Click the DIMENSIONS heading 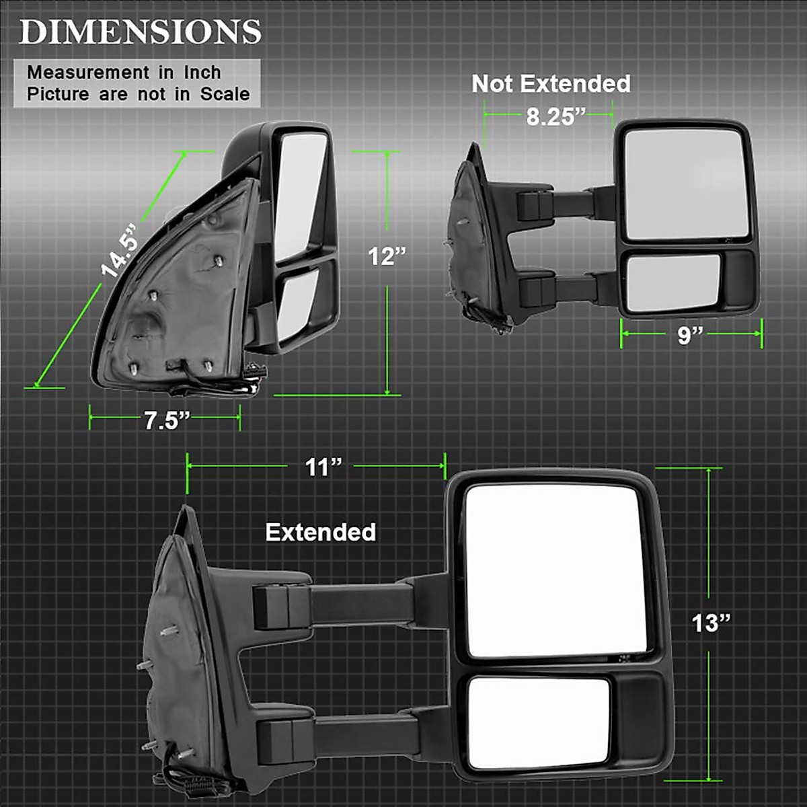(140, 32)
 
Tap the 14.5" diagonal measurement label (120, 251)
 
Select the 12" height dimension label (387, 256)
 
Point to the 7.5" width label (165, 421)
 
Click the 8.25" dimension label (551, 116)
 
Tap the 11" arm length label (323, 467)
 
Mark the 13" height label (711, 623)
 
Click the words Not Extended (551, 83)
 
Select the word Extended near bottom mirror (320, 532)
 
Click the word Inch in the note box (202, 72)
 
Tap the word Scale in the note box (225, 94)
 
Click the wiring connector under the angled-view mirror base (256, 378)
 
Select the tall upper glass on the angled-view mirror (301, 195)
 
